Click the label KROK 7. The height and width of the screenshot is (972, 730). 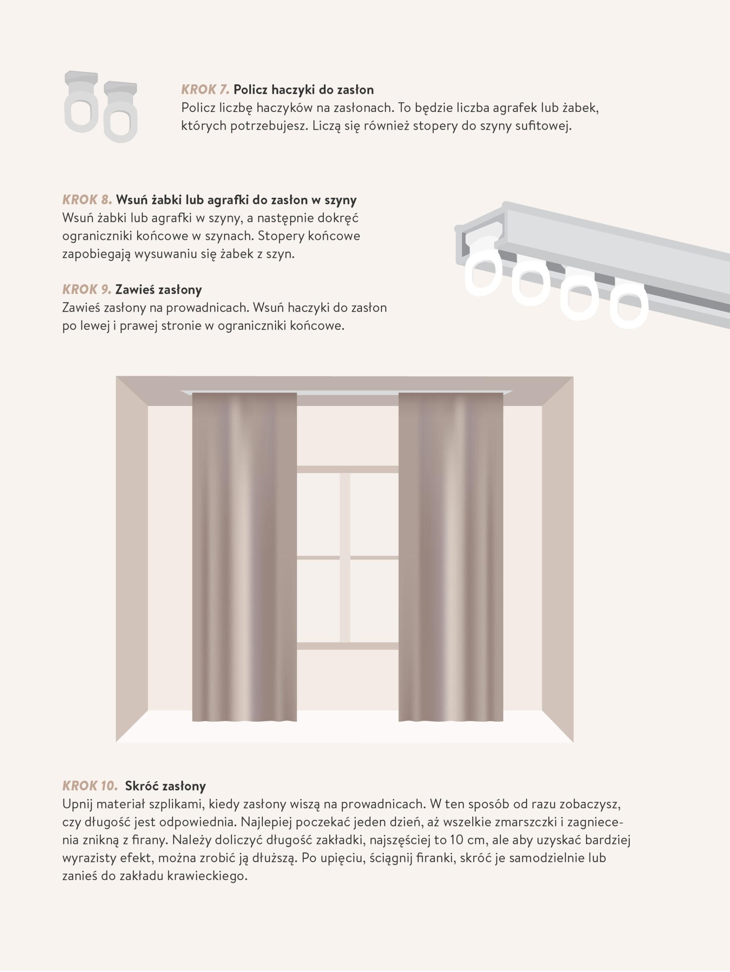(205, 90)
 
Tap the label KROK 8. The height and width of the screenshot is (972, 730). (87, 200)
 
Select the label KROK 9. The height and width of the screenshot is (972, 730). (87, 290)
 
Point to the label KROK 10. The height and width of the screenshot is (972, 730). (90, 786)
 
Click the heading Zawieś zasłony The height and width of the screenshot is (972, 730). (159, 290)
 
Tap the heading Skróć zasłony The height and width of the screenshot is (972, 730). (166, 786)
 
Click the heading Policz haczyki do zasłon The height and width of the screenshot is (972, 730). (304, 90)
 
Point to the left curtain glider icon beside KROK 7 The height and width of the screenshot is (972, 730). (81, 101)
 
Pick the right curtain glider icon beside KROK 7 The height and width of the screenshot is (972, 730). (120, 112)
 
